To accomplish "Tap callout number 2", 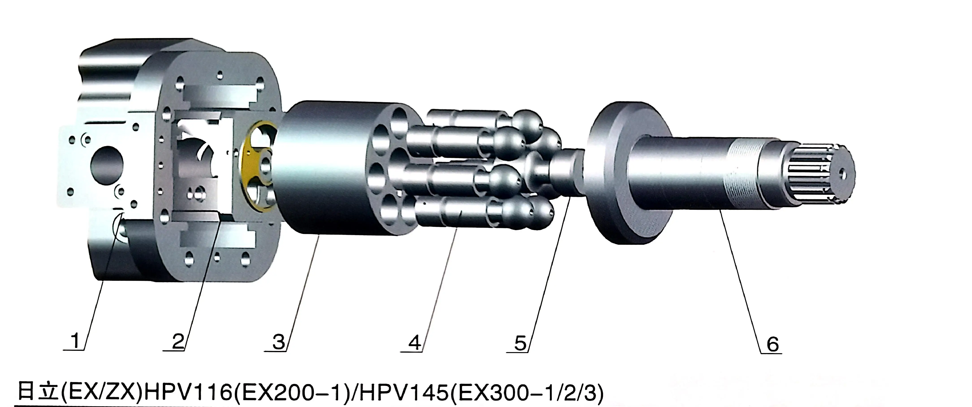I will point(177,341).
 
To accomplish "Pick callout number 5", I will point(520,343).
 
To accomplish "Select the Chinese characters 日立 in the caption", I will point(38,392).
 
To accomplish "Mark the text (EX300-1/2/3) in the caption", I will point(526,392).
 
